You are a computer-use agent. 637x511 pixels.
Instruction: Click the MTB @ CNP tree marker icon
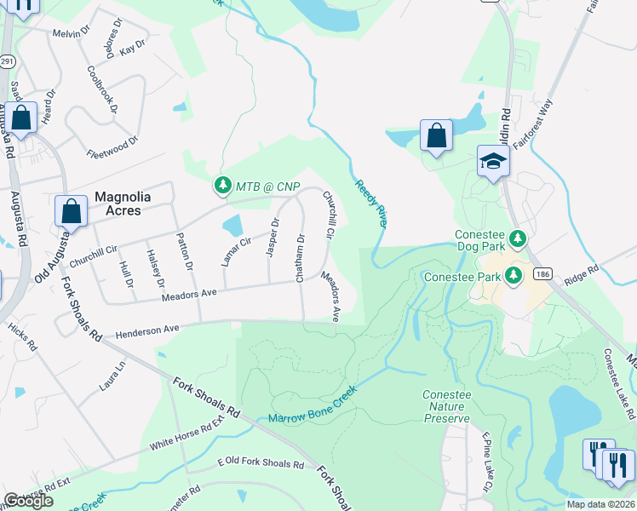(222, 185)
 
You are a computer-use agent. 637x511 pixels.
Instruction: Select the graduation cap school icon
(493, 161)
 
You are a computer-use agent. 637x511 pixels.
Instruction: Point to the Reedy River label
(370, 204)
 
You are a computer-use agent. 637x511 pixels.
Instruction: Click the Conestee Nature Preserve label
(446, 406)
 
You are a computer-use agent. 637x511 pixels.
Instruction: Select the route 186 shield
(542, 274)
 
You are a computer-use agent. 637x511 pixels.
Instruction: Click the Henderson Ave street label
(147, 329)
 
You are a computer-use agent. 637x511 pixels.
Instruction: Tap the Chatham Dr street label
(301, 255)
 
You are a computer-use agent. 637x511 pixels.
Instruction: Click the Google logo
(28, 501)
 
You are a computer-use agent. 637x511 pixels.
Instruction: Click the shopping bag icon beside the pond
(436, 135)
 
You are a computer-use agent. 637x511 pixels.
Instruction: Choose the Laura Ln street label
(112, 376)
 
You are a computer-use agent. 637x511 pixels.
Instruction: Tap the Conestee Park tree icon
(513, 275)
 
